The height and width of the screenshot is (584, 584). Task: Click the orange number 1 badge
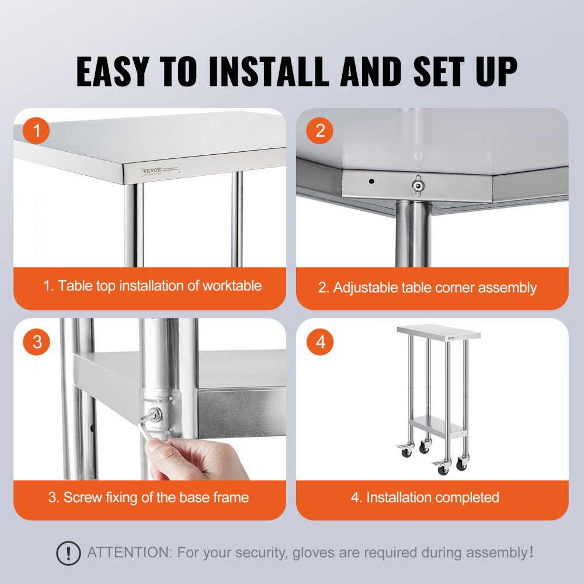pyautogui.click(x=37, y=131)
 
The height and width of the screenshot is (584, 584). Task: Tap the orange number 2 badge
pyautogui.click(x=320, y=131)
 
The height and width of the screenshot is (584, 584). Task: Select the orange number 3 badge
pyautogui.click(x=37, y=342)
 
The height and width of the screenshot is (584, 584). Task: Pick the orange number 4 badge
pyautogui.click(x=320, y=342)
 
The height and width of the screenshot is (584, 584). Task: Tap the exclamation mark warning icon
pyautogui.click(x=68, y=552)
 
